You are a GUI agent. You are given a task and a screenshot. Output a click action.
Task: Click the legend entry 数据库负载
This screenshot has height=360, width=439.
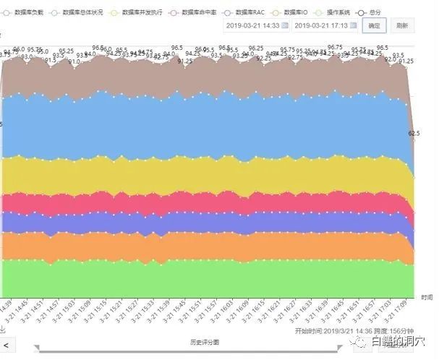28,13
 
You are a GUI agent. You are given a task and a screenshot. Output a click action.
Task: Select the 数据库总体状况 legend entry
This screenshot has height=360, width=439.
82,13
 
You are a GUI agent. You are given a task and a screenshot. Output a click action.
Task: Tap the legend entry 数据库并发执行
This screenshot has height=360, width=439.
142,13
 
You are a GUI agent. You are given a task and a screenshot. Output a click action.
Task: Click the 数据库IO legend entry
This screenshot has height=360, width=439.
295,13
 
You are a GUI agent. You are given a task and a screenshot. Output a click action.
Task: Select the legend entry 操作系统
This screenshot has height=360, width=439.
338,13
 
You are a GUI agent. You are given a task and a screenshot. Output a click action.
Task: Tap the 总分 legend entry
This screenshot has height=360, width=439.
376,13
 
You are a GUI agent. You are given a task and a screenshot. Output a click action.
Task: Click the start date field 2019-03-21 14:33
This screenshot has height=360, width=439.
252,25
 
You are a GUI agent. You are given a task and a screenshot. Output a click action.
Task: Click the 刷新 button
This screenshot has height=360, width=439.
402,25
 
